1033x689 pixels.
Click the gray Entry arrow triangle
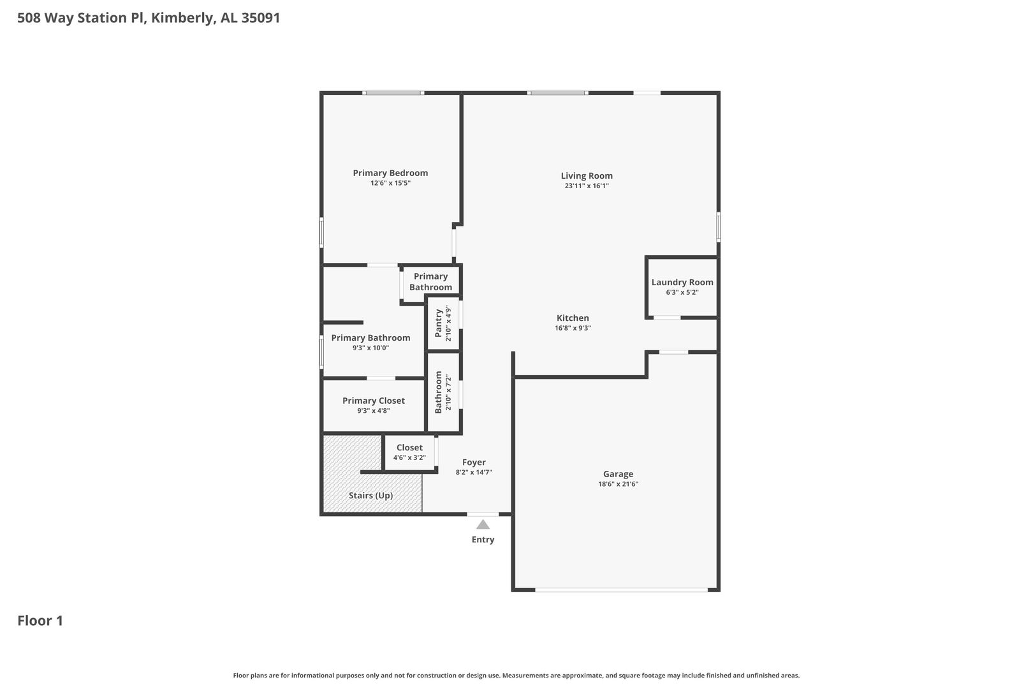(x=483, y=524)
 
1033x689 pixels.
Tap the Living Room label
(x=587, y=176)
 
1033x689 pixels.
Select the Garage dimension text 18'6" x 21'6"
(x=618, y=484)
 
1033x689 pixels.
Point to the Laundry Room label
(x=682, y=283)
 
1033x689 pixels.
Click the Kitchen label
(x=573, y=318)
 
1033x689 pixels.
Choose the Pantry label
(x=439, y=323)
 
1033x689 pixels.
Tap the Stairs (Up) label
(x=370, y=496)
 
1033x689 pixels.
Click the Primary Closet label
(x=374, y=401)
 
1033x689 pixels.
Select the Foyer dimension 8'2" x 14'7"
(x=474, y=473)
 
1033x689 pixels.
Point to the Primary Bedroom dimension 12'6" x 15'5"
(x=390, y=183)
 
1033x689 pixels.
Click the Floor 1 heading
(x=40, y=621)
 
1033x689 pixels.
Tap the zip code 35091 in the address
(x=261, y=17)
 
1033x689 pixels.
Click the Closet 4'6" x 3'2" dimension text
(x=409, y=458)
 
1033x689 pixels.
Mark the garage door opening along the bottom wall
(x=621, y=589)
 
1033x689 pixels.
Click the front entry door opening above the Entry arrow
(x=483, y=514)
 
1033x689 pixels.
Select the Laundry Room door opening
(x=667, y=318)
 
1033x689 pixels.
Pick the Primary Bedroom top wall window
(x=393, y=93)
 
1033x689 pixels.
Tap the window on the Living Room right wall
(x=719, y=226)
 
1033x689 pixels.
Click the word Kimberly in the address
(x=183, y=18)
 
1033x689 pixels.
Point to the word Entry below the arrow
(x=483, y=540)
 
